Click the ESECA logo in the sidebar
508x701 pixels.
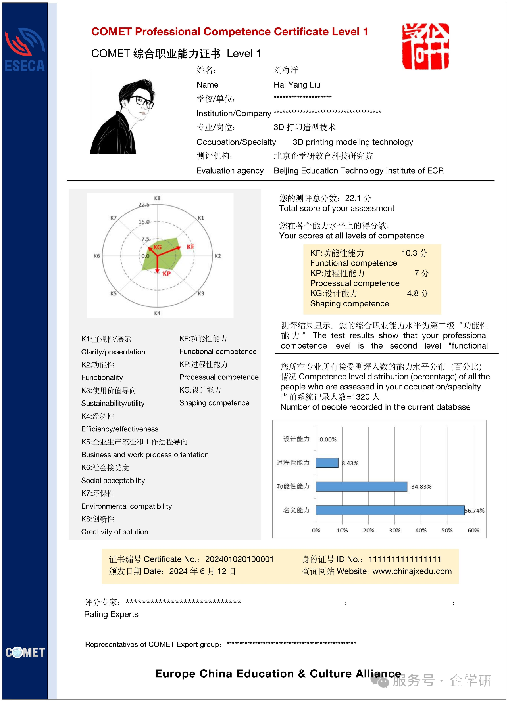tap(25, 50)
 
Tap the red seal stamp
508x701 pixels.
tap(425, 46)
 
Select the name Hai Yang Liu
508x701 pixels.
tap(297, 85)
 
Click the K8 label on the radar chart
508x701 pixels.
tap(157, 198)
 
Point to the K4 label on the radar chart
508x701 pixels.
tap(157, 313)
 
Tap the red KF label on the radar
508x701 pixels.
tap(190, 247)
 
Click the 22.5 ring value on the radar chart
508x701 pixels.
tap(144, 205)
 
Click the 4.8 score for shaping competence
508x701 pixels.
tap(412, 293)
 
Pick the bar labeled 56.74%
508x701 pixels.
tap(390, 510)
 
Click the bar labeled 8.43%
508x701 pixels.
tap(327, 463)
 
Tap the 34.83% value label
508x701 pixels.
tap(421, 487)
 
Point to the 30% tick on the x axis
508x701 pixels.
tap(394, 531)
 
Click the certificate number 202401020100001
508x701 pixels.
tap(239, 559)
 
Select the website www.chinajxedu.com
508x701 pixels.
tap(412, 571)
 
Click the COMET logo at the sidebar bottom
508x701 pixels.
tap(25, 652)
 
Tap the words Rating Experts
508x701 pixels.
tap(111, 614)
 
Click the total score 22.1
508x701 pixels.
tap(352, 198)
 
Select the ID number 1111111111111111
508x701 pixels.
tap(405, 559)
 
